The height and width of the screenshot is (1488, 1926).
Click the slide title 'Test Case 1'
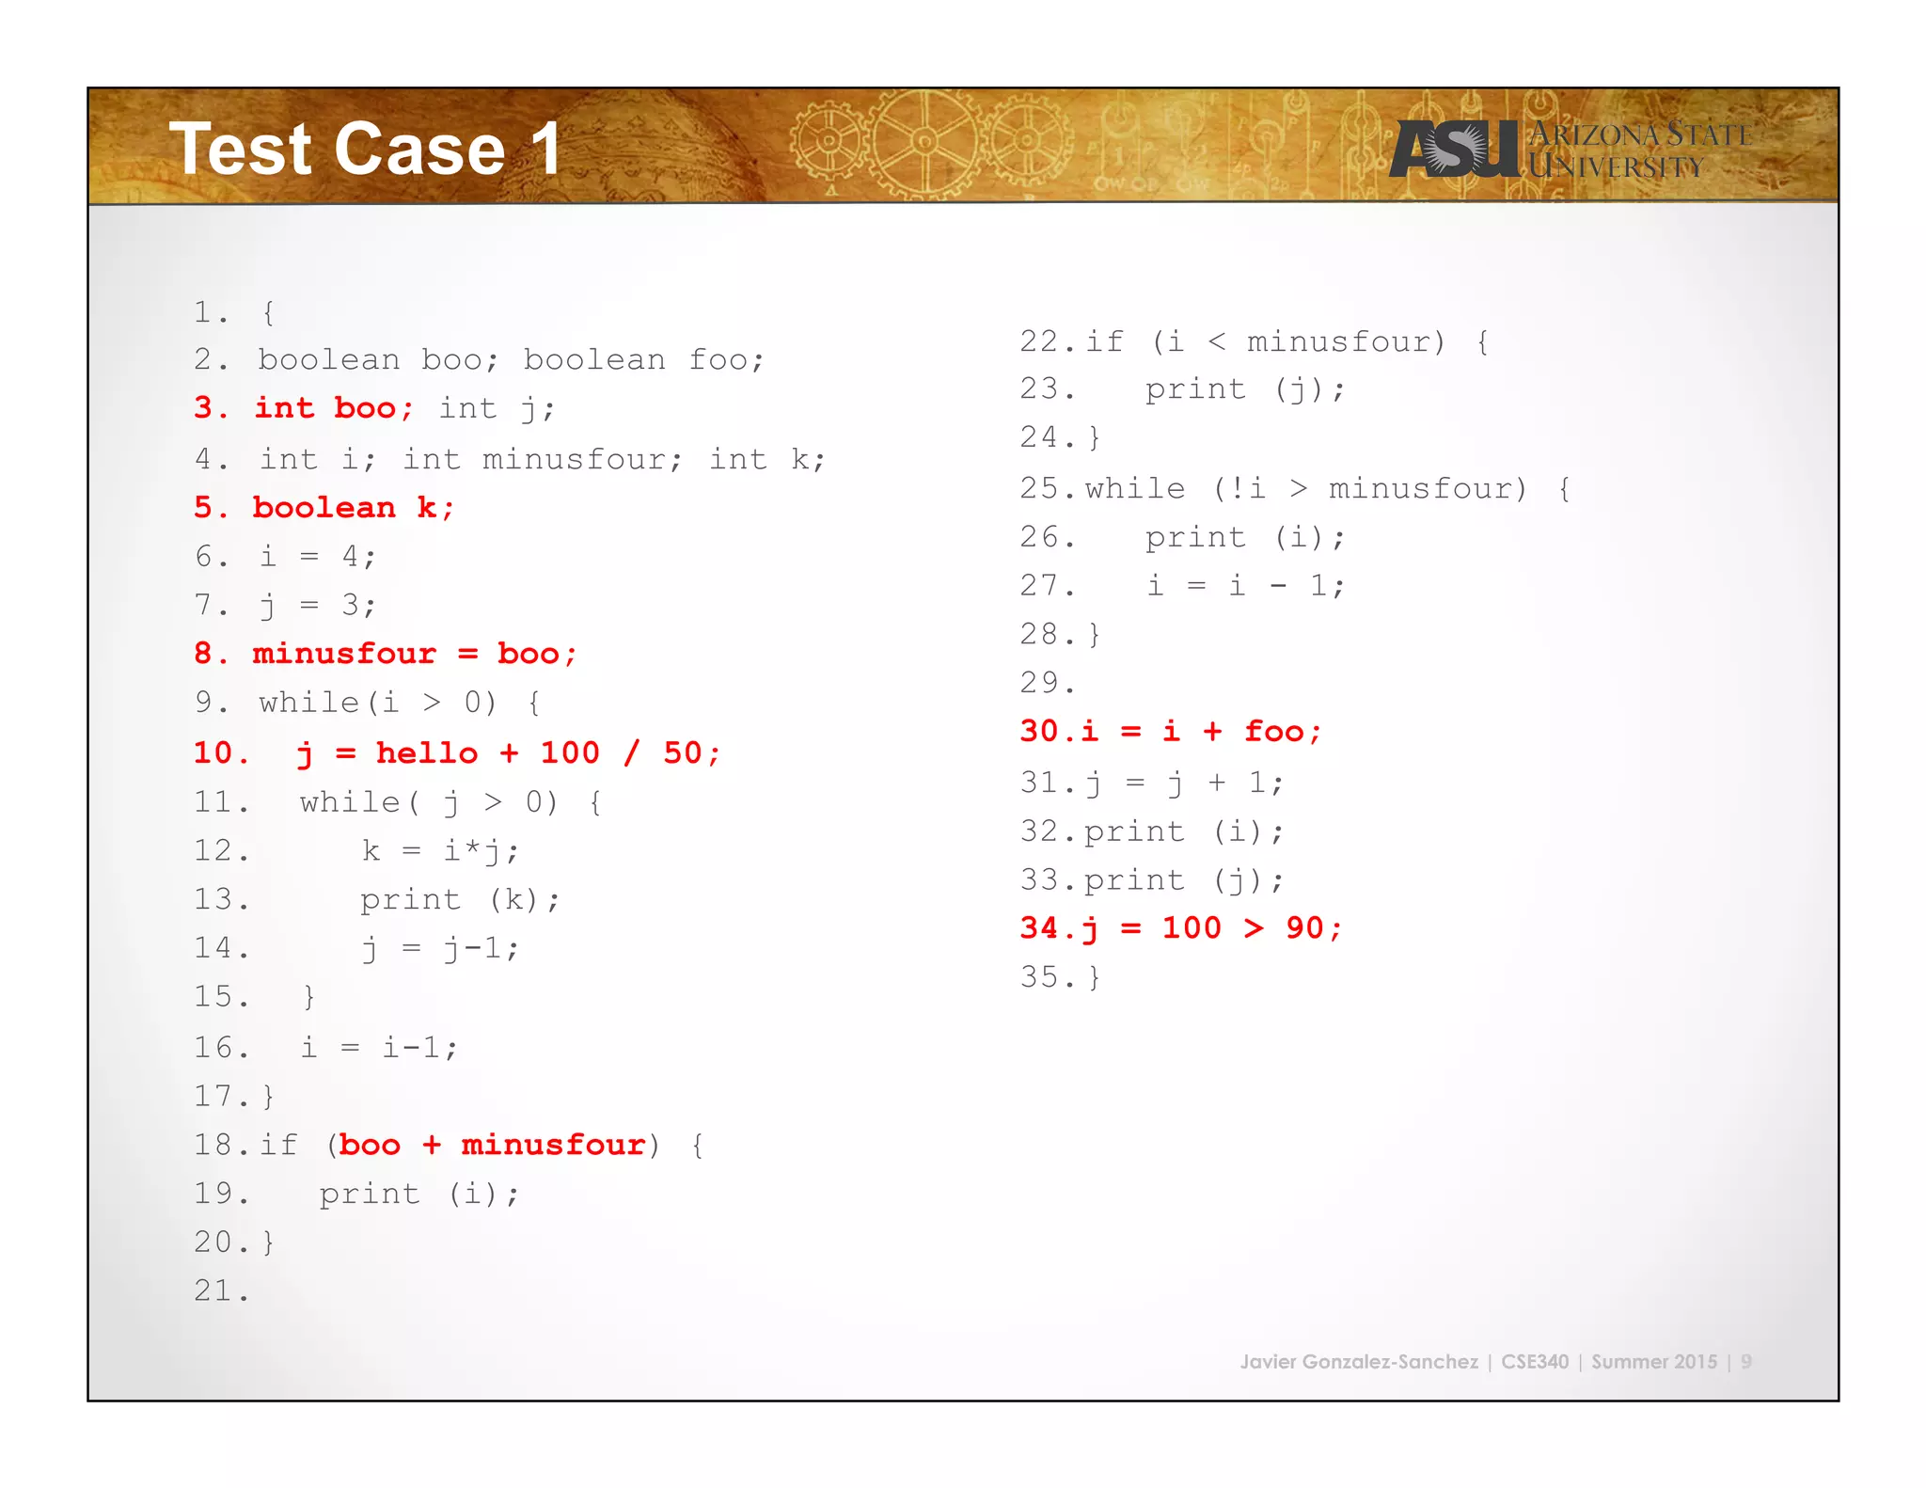point(365,149)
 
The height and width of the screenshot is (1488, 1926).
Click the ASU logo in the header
point(1454,149)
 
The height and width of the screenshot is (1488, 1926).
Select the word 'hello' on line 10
point(426,753)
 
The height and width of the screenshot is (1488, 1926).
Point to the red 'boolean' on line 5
point(324,508)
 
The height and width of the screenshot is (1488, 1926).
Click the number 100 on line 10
point(569,753)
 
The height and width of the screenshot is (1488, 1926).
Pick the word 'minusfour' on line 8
point(344,654)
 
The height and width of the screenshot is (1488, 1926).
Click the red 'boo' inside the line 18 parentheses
point(370,1145)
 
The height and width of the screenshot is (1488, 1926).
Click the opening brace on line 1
point(269,312)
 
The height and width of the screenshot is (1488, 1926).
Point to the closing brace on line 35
point(1094,977)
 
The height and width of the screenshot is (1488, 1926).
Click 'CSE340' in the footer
point(1534,1362)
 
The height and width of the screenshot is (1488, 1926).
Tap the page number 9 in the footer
point(1745,1362)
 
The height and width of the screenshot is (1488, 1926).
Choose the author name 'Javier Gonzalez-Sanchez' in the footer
point(1358,1362)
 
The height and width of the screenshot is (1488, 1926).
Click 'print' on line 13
point(410,900)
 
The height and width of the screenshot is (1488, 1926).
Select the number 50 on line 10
point(682,753)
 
